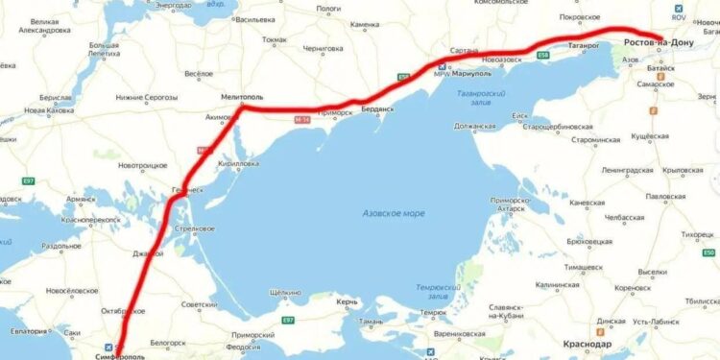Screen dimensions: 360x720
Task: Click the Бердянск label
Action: pos(373,109)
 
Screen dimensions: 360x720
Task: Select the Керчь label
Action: pos(348,302)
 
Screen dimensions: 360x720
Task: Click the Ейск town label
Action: pos(521,116)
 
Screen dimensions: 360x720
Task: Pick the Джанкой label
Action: pos(148,253)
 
